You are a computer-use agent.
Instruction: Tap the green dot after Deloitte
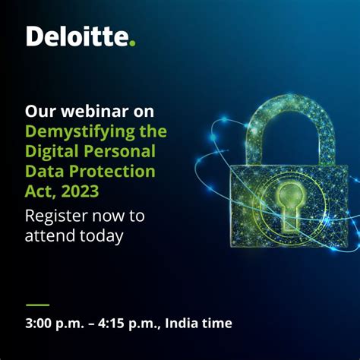132,43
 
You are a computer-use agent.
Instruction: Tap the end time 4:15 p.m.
134,323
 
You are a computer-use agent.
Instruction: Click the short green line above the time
37,304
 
